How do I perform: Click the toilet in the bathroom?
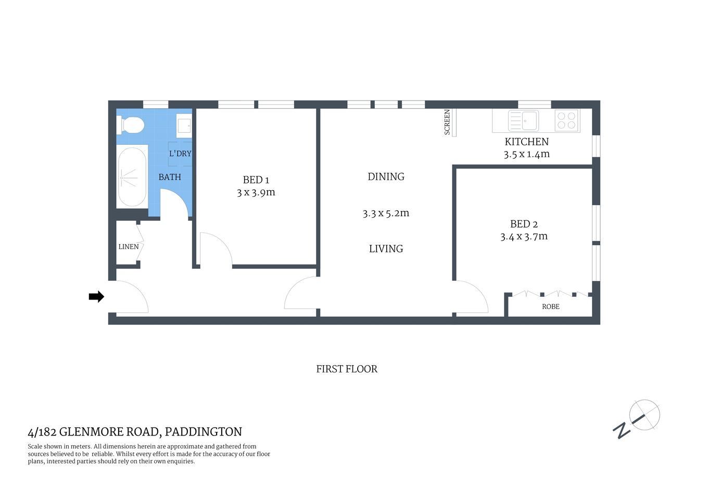(x=131, y=125)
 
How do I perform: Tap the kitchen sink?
(x=523, y=121)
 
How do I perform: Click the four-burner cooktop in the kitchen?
(x=566, y=121)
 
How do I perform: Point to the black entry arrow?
(x=96, y=297)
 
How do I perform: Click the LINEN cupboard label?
(x=129, y=247)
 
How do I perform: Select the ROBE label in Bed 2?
(x=550, y=307)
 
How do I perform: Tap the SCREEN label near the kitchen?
(x=447, y=122)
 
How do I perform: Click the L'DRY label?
(x=180, y=154)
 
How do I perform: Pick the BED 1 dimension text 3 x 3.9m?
(x=256, y=192)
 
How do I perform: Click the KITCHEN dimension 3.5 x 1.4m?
(x=526, y=154)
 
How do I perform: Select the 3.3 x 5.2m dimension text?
(x=386, y=213)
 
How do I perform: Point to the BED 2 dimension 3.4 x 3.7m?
(x=524, y=236)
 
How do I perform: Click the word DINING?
(x=386, y=177)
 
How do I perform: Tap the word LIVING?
(x=386, y=249)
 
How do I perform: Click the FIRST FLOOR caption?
(x=347, y=369)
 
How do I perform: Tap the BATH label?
(x=170, y=177)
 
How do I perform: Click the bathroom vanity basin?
(x=184, y=126)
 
